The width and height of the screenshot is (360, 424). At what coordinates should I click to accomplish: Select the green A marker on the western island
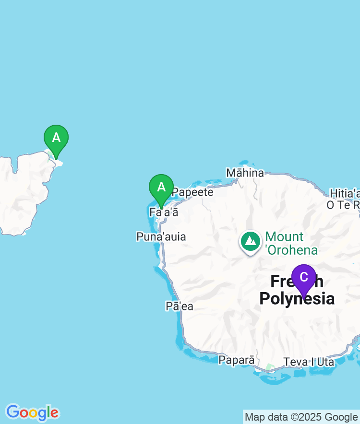pos(56,140)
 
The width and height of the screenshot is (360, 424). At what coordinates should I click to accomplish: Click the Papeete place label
pos(192,192)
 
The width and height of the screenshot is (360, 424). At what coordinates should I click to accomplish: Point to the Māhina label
pos(245,173)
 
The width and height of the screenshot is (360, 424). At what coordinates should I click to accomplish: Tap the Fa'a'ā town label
pos(164,212)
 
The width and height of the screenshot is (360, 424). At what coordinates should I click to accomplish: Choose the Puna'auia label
pos(161,236)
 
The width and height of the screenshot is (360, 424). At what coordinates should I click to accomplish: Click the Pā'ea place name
pos(180,306)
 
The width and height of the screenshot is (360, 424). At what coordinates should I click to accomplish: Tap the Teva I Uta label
pos(309,362)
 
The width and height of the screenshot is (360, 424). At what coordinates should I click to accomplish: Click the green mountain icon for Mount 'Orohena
pos(250,242)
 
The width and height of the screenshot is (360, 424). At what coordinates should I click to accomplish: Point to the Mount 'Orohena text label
pos(291,243)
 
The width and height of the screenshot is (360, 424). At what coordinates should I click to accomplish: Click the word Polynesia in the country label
pos(297,298)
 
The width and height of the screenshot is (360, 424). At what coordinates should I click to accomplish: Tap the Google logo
pos(32,412)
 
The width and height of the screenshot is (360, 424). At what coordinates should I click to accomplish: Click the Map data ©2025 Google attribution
pos(301,417)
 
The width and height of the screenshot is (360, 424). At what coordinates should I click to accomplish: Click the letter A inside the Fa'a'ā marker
pos(161,187)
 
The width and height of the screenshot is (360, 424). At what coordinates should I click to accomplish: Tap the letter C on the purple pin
pos(303,277)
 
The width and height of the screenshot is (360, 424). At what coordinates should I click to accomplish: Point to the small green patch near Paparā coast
pos(270,367)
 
